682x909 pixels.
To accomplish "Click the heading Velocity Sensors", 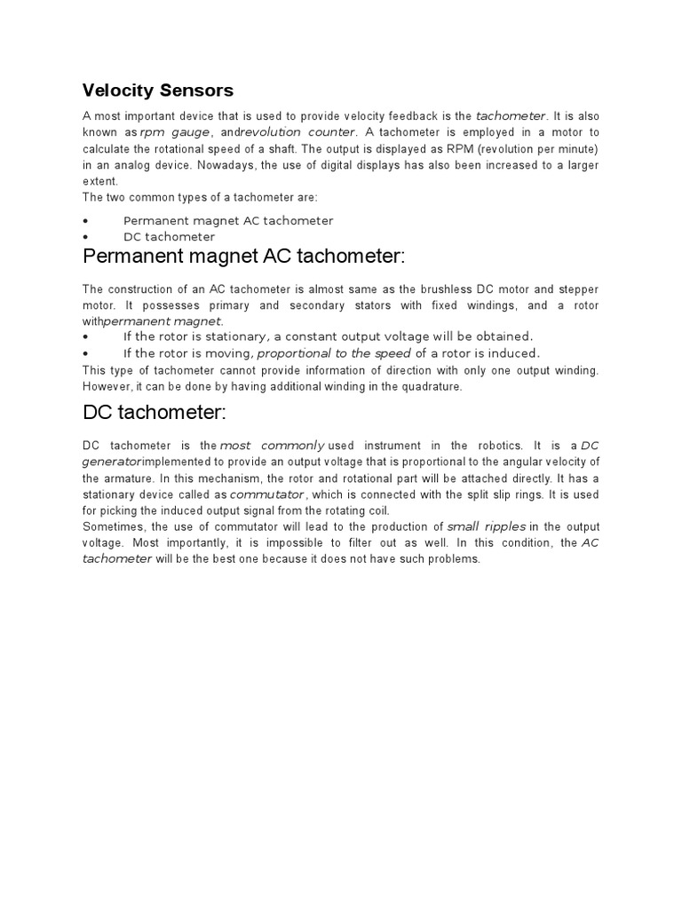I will click(158, 90).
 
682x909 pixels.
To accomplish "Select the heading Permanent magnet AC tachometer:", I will click(243, 257).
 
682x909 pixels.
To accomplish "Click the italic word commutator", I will click(267, 494).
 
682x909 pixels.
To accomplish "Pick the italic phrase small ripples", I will click(486, 527).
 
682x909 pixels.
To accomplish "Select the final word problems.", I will click(455, 559).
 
